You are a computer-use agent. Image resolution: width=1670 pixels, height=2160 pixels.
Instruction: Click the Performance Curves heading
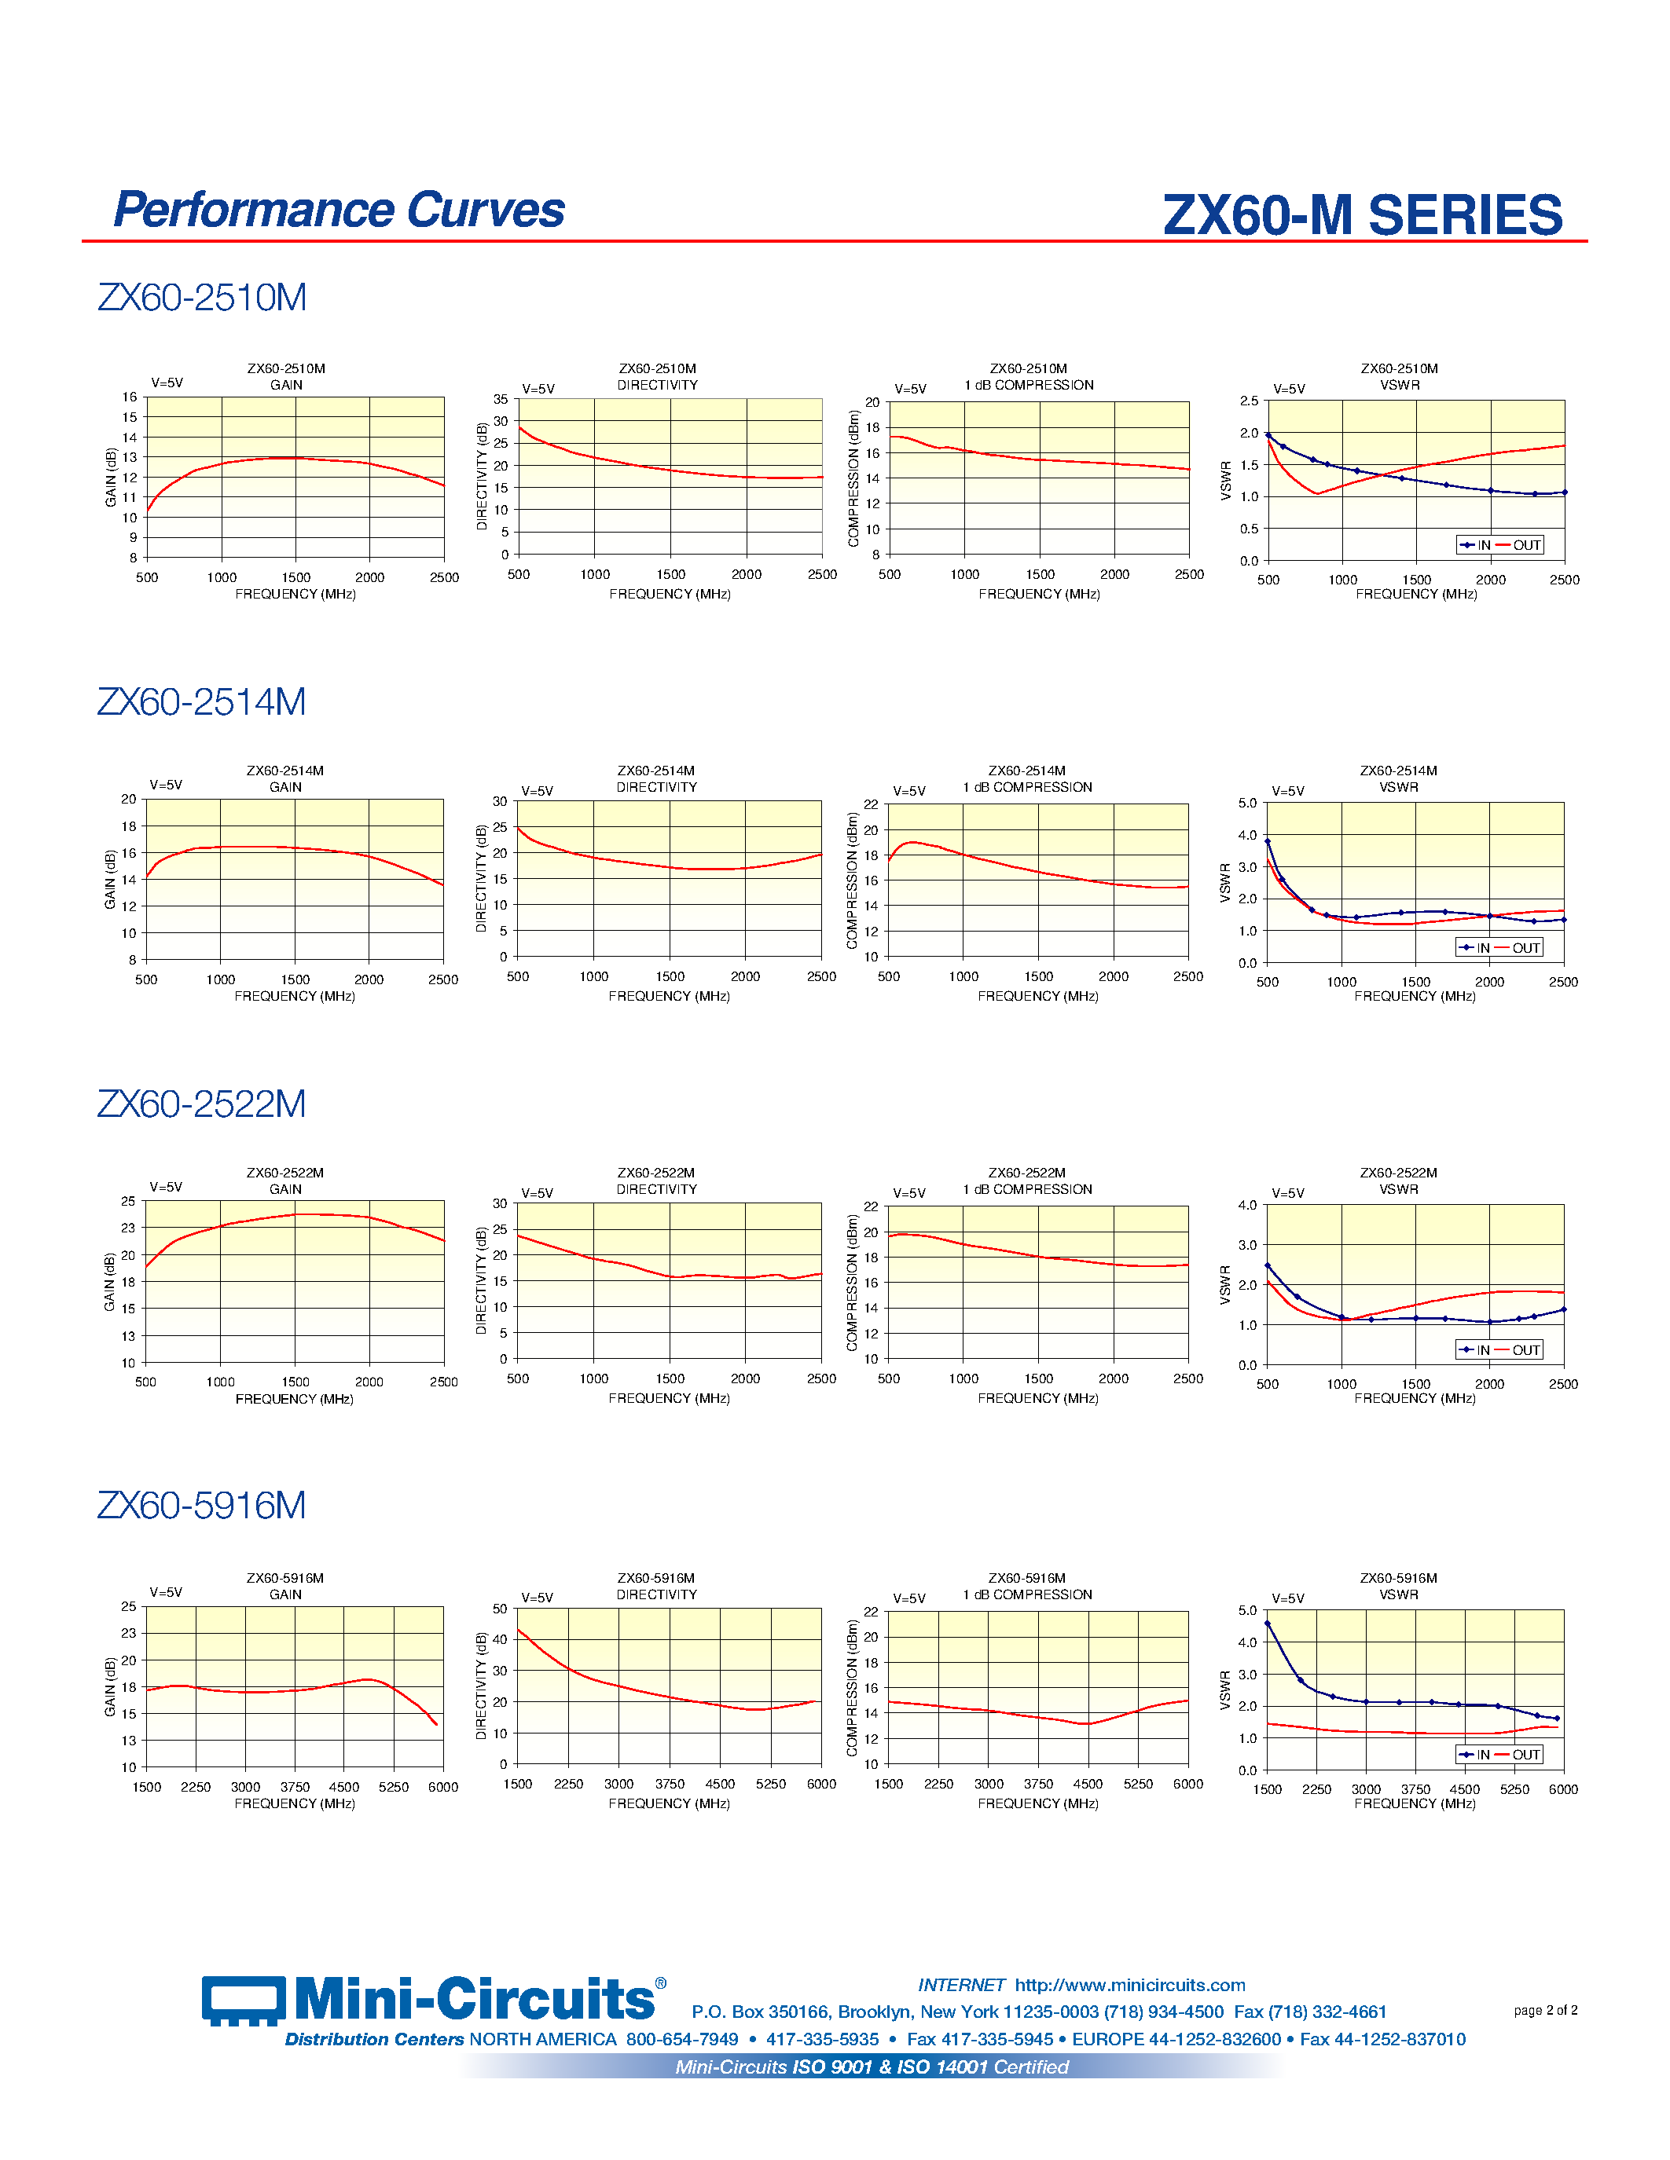[x=339, y=210]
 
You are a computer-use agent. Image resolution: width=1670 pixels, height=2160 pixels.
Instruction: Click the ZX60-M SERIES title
[x=1362, y=215]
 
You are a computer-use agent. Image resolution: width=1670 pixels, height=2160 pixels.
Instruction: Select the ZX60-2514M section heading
[x=202, y=701]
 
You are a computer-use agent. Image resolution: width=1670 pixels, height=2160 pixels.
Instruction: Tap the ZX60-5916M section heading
[x=202, y=1505]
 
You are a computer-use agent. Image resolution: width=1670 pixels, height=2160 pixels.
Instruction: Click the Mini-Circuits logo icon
[x=244, y=2000]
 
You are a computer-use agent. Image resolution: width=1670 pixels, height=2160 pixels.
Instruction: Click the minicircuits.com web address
[x=1130, y=1985]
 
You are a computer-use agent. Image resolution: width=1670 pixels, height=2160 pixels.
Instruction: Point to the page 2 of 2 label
[x=1544, y=2010]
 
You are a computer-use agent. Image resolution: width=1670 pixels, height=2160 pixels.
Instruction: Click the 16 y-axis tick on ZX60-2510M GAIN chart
[x=130, y=397]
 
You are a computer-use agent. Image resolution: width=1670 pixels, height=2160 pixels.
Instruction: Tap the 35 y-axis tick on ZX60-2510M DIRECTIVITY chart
[x=501, y=400]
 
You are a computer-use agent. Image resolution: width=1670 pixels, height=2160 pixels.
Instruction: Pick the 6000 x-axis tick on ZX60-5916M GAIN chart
[x=443, y=1787]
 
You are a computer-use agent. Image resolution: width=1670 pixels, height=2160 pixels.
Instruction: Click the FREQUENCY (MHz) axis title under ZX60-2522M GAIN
[x=295, y=1398]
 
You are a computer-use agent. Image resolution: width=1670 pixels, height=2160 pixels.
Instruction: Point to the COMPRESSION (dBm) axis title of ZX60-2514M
[x=852, y=880]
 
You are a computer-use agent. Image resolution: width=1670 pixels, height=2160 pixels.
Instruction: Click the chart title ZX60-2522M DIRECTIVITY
[x=657, y=1181]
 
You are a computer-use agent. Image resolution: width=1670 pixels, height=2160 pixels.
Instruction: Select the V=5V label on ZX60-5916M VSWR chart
[x=1288, y=1598]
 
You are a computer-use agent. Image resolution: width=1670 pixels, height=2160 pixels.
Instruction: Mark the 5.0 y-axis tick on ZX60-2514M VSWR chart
[x=1246, y=803]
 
